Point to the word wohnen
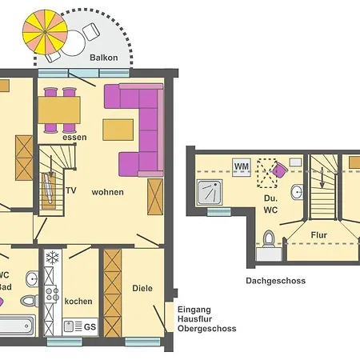[x=107, y=192]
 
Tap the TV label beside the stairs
[x=71, y=191]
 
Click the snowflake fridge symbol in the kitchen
[x=53, y=258]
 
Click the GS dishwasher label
[x=90, y=326]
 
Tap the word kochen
[x=78, y=302]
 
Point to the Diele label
[x=142, y=289]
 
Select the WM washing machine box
[x=242, y=166]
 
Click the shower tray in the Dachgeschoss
[x=214, y=193]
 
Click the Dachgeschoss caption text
[x=275, y=281]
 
